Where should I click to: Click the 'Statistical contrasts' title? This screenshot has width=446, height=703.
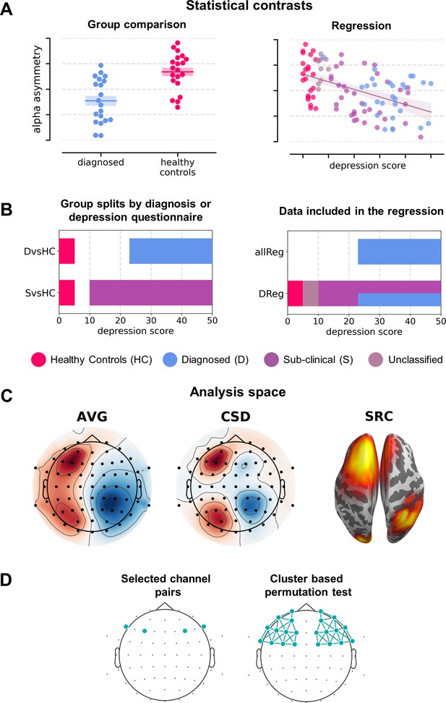tap(249, 6)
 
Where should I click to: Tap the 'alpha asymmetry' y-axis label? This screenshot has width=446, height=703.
tap(37, 89)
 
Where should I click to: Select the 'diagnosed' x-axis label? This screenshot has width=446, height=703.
tap(101, 162)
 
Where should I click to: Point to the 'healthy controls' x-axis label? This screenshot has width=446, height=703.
tap(178, 167)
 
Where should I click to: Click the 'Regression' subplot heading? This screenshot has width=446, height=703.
tap(361, 26)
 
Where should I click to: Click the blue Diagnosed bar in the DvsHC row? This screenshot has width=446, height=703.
tap(171, 251)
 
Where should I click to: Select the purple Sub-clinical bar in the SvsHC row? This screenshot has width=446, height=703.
tap(151, 293)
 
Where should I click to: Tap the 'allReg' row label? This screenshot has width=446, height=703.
tap(270, 252)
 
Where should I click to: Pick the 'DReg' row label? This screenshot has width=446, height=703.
tap(271, 294)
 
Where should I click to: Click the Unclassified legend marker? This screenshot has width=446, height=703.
tap(376, 359)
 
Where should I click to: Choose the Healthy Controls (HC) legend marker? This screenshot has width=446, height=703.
tap(38, 359)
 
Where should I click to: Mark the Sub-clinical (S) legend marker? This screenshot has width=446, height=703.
tap(271, 359)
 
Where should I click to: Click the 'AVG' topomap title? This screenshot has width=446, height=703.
tap(92, 417)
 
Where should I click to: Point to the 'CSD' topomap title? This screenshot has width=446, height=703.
tap(236, 417)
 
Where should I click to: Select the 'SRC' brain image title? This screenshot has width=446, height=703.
tap(379, 417)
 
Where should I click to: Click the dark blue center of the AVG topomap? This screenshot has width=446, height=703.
tap(111, 504)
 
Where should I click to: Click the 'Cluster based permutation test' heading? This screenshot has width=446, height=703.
tap(308, 586)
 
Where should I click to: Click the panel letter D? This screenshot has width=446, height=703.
tap(6, 580)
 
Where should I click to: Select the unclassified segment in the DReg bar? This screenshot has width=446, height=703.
tap(311, 293)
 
